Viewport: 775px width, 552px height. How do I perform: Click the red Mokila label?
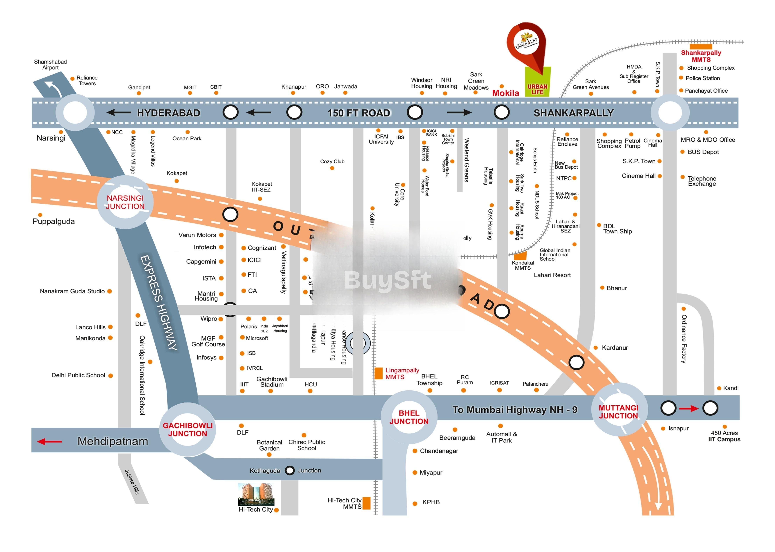click(x=506, y=93)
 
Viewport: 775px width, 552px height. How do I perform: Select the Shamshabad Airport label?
click(x=50, y=65)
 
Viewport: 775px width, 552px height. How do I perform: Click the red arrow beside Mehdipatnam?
click(x=50, y=442)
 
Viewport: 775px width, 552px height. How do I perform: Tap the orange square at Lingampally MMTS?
click(x=378, y=373)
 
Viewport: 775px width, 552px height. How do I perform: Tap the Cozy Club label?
click(x=332, y=161)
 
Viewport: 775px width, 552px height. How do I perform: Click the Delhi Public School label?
click(x=78, y=375)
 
